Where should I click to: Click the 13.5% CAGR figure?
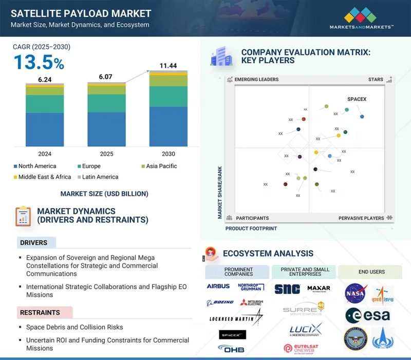tap(39, 62)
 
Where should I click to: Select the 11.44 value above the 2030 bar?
tap(168, 66)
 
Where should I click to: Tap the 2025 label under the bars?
tap(106, 154)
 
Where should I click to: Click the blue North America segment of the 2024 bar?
tap(45, 129)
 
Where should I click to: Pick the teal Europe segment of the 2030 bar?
tap(168, 96)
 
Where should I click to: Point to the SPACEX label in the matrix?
tap(357, 99)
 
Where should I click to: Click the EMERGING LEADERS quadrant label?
tap(256, 80)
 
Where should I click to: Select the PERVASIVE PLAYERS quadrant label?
tap(361, 218)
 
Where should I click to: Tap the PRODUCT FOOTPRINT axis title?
tap(251, 229)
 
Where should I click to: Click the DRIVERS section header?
tap(33, 243)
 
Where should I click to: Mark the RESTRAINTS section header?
tap(40, 312)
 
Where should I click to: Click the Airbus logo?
tap(218, 287)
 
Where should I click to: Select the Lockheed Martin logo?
tap(236, 318)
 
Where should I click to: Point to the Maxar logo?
tap(319, 288)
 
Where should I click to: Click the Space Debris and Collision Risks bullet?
tap(74, 327)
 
